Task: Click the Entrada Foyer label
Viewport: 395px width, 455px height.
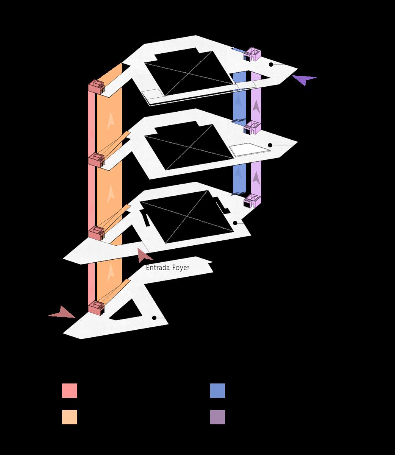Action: (167, 268)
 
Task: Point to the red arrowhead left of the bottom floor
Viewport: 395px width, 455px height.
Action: (62, 313)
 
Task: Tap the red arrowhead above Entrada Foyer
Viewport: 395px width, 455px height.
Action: (144, 256)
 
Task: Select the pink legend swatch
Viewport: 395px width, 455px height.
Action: (70, 391)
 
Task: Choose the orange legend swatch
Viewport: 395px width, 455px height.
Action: (70, 417)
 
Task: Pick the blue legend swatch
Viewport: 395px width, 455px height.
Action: (217, 391)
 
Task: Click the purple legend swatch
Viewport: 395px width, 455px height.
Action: (217, 417)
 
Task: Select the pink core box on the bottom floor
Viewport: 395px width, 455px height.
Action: (97, 307)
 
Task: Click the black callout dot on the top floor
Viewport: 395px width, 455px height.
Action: (271, 65)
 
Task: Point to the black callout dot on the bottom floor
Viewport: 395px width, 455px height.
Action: (155, 318)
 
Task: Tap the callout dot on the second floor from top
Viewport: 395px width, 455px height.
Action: (270, 145)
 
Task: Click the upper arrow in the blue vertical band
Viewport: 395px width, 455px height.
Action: (239, 102)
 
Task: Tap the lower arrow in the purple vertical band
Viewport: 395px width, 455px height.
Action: (256, 177)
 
